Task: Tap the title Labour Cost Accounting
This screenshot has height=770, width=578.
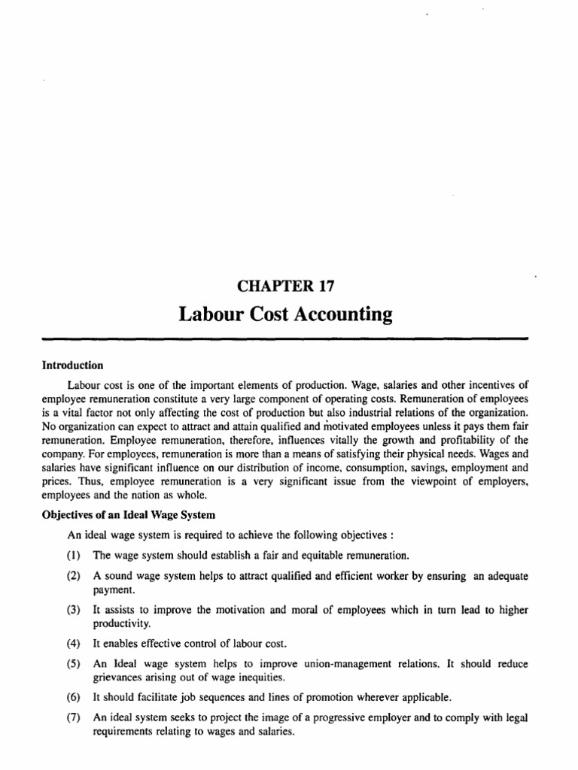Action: pos(285,314)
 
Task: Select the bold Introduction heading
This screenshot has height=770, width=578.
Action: pos(72,365)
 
